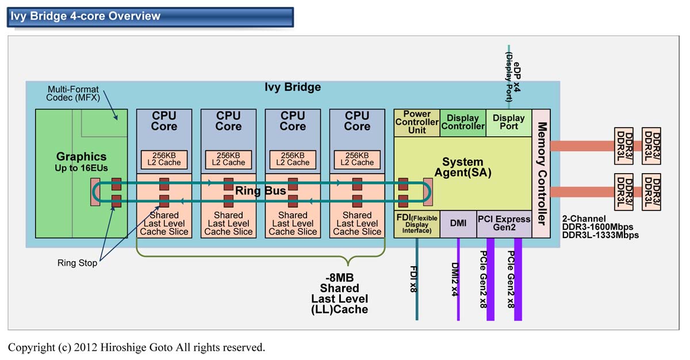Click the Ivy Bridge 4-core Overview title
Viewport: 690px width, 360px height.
click(x=85, y=16)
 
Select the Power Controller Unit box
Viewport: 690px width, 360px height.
click(x=417, y=122)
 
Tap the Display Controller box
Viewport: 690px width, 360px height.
click(x=463, y=122)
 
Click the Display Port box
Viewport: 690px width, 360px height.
click(x=509, y=122)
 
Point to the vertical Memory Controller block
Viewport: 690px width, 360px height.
click(x=541, y=173)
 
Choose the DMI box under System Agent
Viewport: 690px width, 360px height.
click(x=458, y=224)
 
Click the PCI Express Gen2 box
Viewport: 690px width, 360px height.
click(x=504, y=224)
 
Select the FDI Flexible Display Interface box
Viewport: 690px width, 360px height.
click(x=417, y=224)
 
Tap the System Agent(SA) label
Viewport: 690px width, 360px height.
click(x=462, y=167)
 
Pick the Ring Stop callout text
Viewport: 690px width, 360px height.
click(x=77, y=263)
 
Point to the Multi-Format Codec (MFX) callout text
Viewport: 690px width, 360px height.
click(x=72, y=94)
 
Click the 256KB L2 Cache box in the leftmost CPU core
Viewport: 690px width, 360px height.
click(x=164, y=159)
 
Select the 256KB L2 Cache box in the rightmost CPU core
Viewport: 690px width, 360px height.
click(x=357, y=159)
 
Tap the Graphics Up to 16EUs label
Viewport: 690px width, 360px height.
click(x=82, y=161)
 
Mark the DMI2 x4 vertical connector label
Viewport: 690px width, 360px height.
click(x=454, y=279)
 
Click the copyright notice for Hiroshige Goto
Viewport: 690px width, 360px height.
click(x=136, y=347)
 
